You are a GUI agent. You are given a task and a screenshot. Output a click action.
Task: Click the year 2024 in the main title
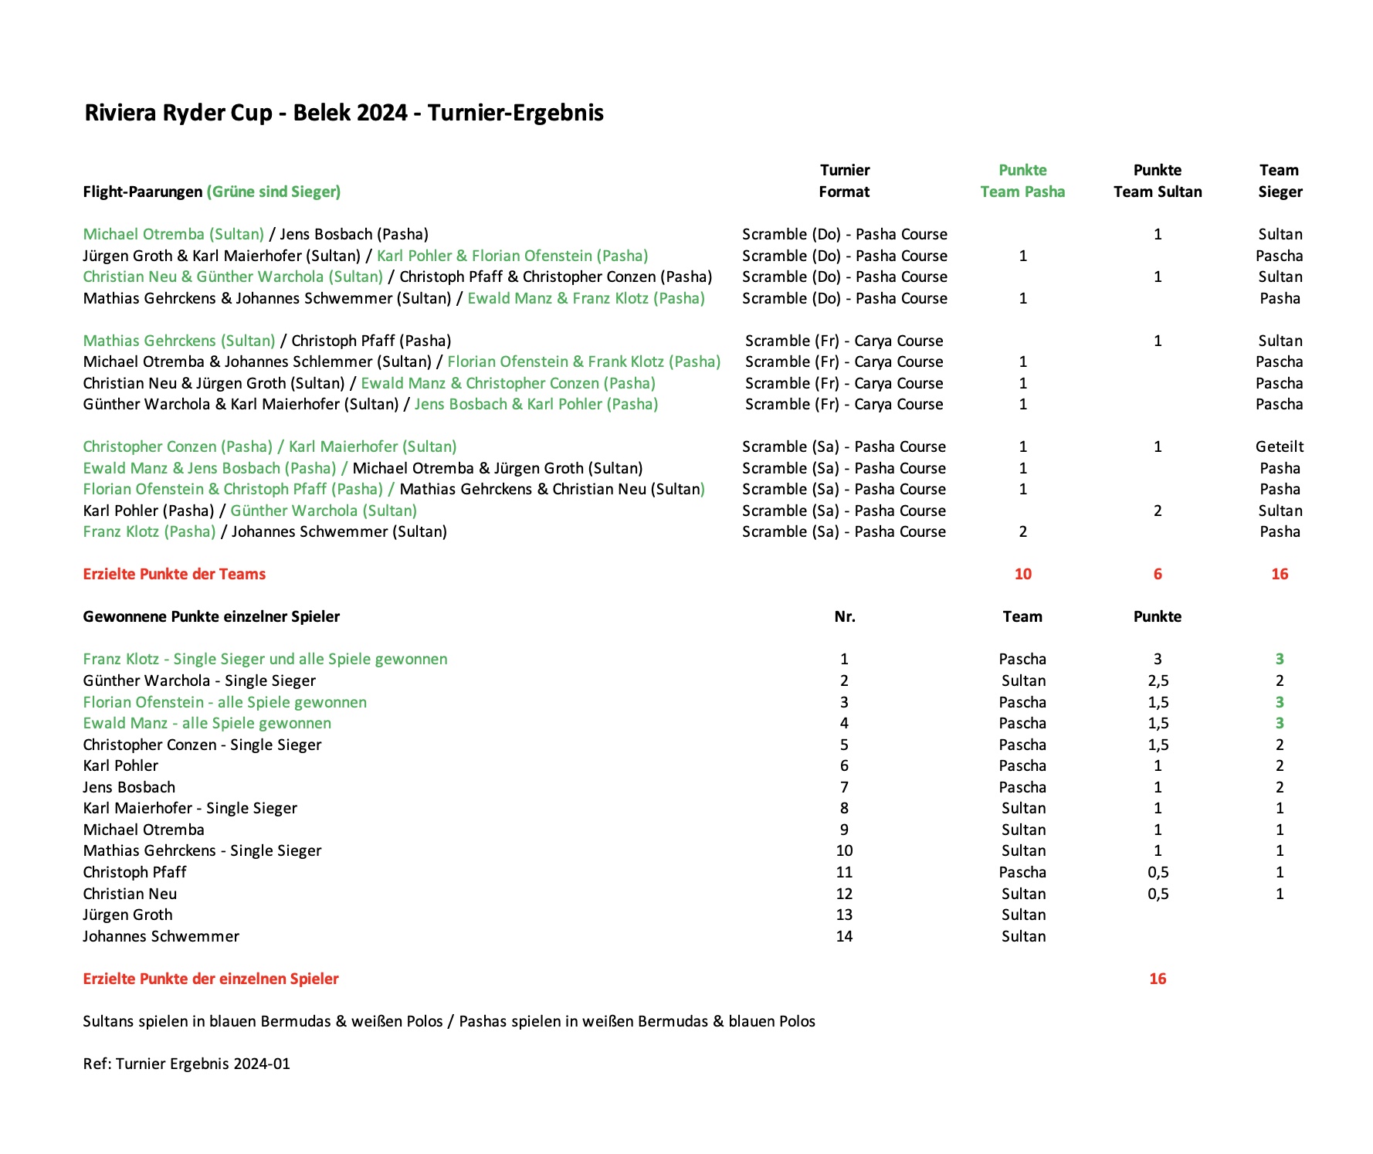[383, 113]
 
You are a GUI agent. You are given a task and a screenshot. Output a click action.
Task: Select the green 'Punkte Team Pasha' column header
[1022, 181]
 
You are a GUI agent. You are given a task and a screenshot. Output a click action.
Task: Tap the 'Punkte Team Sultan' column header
[1157, 181]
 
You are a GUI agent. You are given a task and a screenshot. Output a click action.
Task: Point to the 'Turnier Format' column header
[844, 181]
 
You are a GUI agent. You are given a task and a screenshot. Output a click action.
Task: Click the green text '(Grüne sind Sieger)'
[273, 192]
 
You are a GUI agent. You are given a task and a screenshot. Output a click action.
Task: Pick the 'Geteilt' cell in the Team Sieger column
[1279, 446]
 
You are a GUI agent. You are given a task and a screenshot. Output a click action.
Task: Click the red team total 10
[1022, 574]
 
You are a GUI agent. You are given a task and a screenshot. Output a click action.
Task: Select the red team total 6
[1157, 574]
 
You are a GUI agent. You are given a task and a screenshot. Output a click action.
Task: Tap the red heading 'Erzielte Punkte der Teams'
[175, 574]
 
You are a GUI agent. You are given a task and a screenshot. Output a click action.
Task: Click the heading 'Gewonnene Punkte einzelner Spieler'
[212, 616]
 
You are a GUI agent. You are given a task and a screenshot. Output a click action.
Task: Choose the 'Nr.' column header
[844, 616]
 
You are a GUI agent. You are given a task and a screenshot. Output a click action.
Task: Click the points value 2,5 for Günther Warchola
[1158, 681]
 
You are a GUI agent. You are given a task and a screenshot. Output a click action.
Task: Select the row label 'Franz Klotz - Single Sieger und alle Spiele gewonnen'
[265, 659]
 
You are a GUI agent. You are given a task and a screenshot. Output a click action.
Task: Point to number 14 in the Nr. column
[844, 936]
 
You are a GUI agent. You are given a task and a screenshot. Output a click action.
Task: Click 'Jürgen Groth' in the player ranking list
[128, 915]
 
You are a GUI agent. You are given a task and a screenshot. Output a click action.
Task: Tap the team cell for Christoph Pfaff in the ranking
[1022, 872]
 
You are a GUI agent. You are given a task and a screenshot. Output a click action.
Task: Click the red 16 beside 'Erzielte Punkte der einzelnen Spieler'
[1157, 979]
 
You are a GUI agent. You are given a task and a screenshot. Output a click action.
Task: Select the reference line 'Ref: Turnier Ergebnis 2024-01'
[187, 1064]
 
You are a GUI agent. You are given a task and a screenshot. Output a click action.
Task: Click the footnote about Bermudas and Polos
[449, 1021]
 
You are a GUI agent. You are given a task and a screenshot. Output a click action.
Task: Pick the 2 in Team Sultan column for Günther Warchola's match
[1157, 511]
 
